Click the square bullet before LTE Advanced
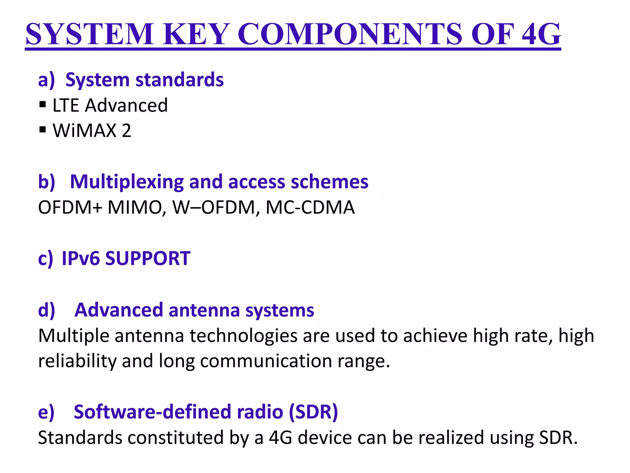[x=42, y=105]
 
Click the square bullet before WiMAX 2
[x=42, y=130]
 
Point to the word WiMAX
[x=85, y=130]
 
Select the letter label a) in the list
[x=46, y=80]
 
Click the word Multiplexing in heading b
[x=127, y=182]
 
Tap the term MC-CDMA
[x=310, y=207]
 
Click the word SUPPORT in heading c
[x=148, y=258]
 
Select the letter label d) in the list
[x=46, y=310]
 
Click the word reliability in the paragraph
[x=77, y=361]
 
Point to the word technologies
[x=243, y=336]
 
